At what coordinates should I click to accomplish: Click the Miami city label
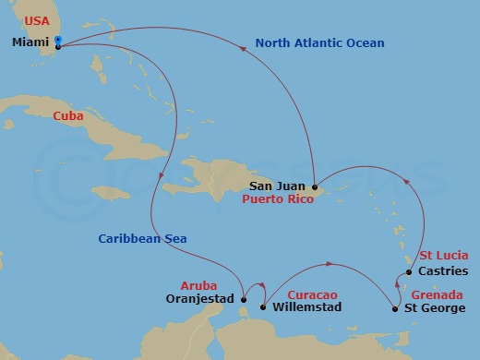point(32,42)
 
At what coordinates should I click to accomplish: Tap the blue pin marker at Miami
point(58,42)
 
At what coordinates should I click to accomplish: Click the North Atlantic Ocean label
point(319,42)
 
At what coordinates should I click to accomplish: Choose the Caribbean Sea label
point(143,239)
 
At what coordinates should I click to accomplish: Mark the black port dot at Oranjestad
point(243,298)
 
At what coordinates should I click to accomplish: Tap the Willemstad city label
point(307,307)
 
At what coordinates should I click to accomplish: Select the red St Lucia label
point(444,255)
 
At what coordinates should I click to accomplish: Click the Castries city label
point(444,272)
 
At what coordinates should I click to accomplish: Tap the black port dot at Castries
point(409,272)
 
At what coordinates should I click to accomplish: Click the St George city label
point(436,307)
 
